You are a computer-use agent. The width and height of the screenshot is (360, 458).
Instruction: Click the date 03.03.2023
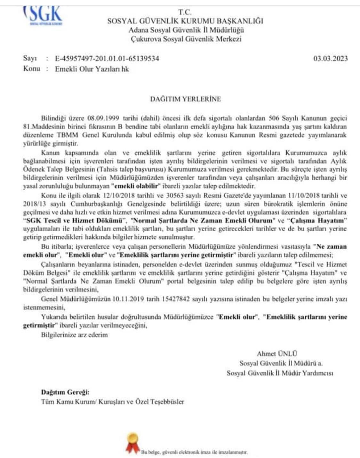pyautogui.click(x=331, y=59)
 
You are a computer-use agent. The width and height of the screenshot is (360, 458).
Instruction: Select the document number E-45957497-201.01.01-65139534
pyautogui.click(x=107, y=59)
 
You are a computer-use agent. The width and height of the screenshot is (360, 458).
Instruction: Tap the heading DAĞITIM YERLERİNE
pyautogui.click(x=186, y=99)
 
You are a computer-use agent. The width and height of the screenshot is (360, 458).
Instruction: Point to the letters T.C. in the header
pyautogui.click(x=185, y=12)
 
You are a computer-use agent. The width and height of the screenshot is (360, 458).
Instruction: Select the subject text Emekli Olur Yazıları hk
pyautogui.click(x=92, y=69)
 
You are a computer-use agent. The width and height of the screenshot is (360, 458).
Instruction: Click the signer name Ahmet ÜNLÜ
pyautogui.click(x=277, y=354)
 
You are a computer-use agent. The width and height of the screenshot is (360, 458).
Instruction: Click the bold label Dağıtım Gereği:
pyautogui.click(x=65, y=392)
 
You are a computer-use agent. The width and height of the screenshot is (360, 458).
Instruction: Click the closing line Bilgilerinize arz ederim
pyautogui.click(x=74, y=335)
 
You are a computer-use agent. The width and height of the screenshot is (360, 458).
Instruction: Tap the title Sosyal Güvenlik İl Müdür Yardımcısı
pyautogui.click(x=280, y=373)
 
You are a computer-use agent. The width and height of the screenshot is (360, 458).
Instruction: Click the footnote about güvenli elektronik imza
pyautogui.click(x=195, y=452)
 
